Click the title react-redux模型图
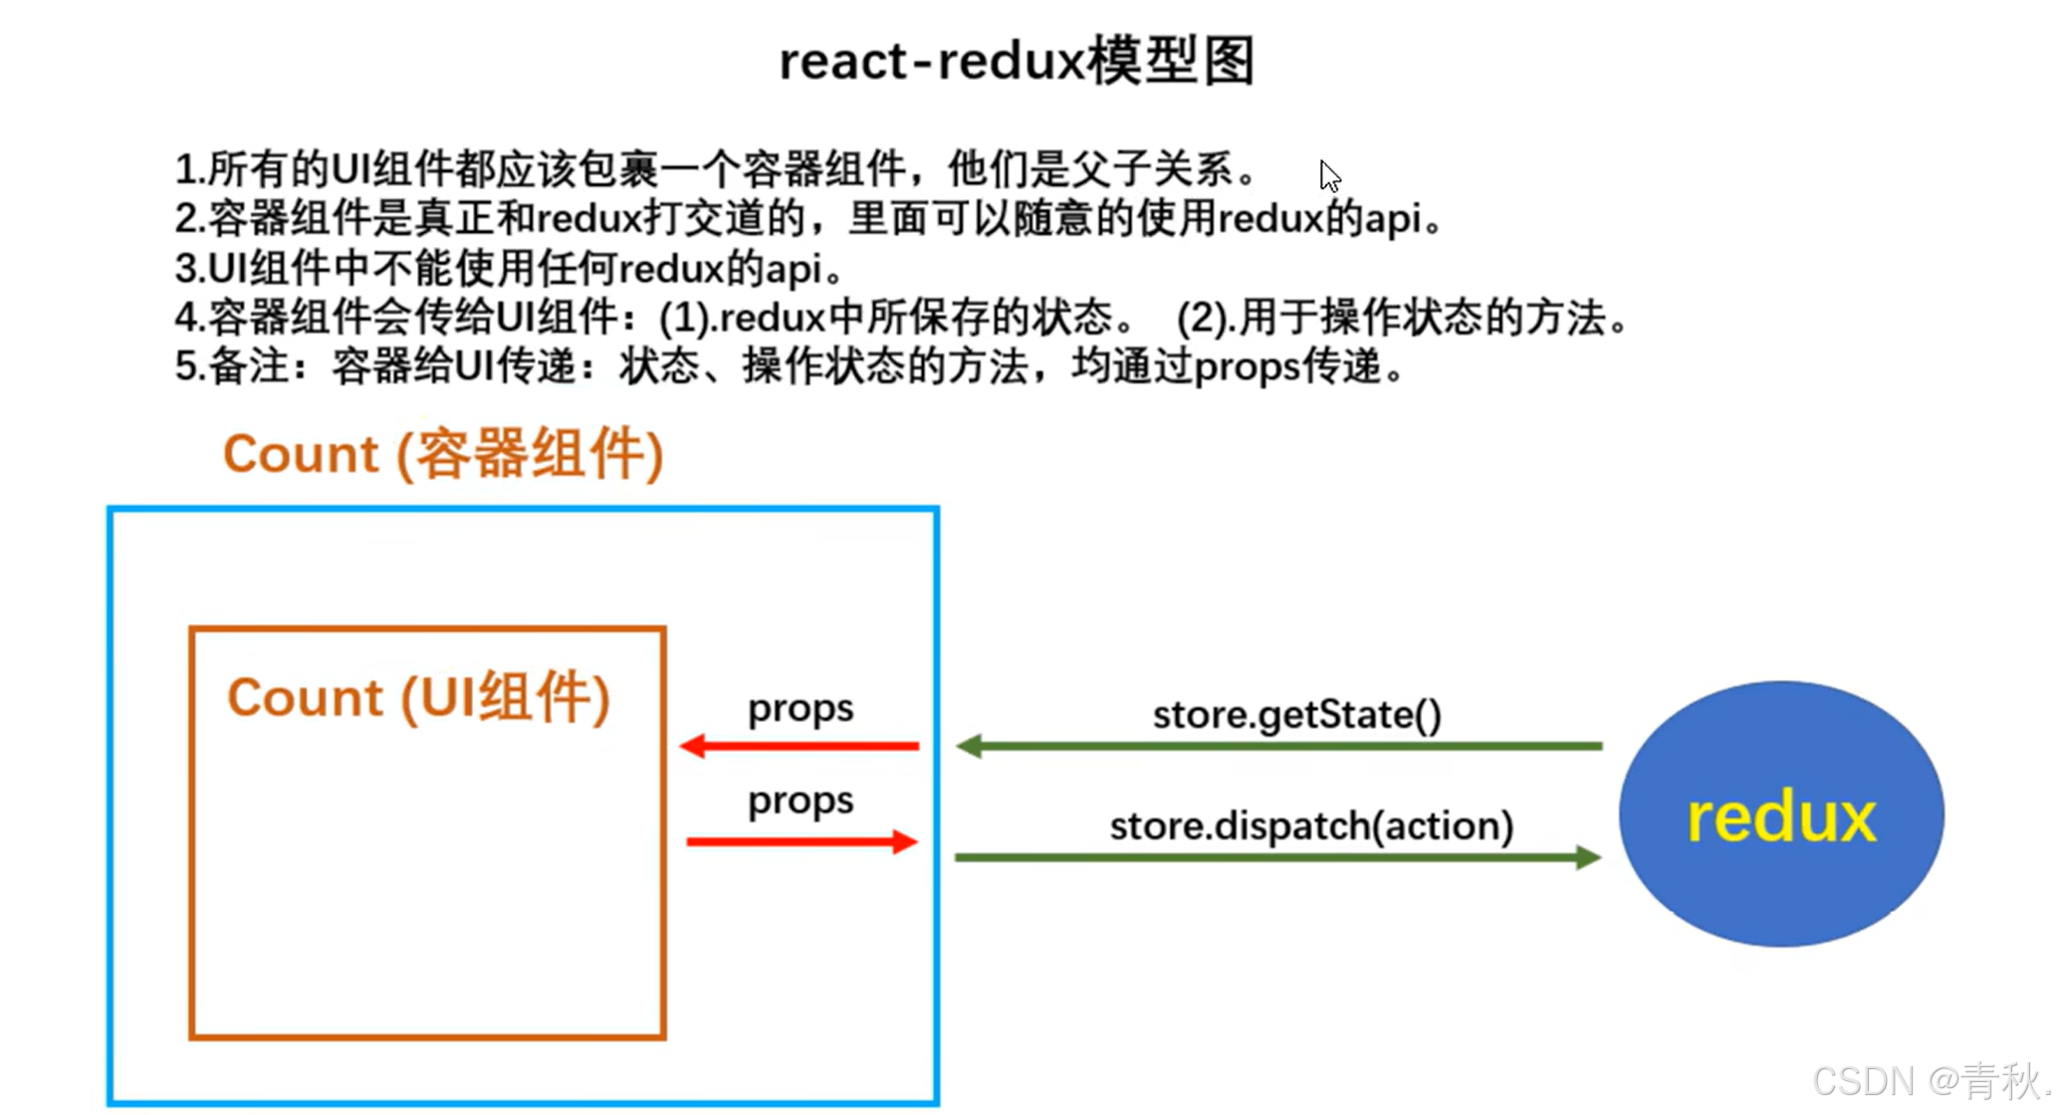coord(1016,62)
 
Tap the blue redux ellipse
coord(1780,814)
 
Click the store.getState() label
coord(1296,715)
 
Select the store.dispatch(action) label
coord(1311,825)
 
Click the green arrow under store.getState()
coord(1278,746)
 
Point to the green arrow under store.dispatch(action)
coord(1278,857)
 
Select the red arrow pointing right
coord(801,842)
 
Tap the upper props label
coord(800,709)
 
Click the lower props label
coord(800,800)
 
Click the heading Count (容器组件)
coord(443,455)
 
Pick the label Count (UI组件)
coord(418,697)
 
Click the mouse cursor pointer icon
coord(1329,176)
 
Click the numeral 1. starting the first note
coord(189,169)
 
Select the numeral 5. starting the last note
coord(189,366)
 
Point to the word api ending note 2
coord(1392,219)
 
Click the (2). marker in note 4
coord(1206,319)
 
